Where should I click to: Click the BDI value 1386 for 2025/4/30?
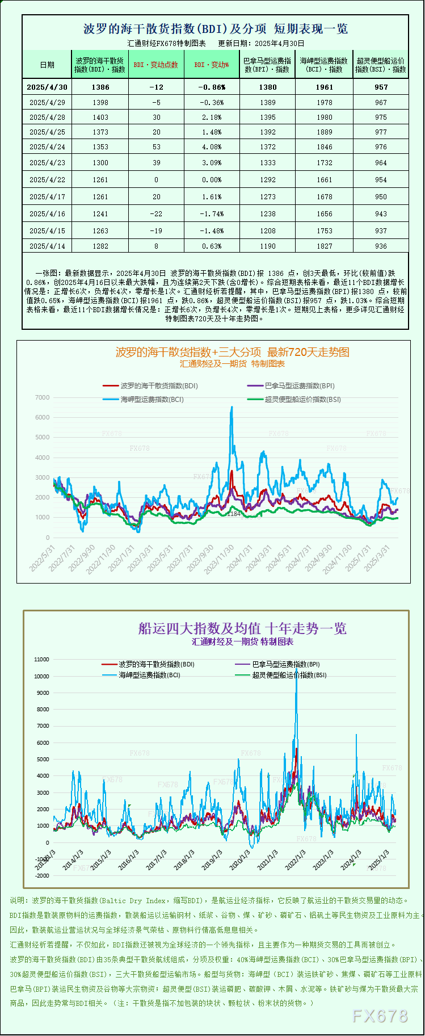tap(100, 87)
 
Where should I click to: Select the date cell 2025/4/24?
tap(47, 146)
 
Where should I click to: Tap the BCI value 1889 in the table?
tap(324, 132)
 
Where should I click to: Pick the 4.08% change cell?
tap(212, 146)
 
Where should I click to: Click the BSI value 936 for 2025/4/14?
tap(381, 246)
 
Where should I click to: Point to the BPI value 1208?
tap(267, 230)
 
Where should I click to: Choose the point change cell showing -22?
tap(156, 213)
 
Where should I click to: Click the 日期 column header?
tap(47, 65)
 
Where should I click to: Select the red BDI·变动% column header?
tap(212, 65)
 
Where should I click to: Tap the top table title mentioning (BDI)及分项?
tap(215, 28)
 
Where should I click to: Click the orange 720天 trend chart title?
tap(232, 352)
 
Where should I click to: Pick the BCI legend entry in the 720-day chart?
tap(152, 399)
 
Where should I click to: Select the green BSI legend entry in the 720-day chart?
tap(302, 399)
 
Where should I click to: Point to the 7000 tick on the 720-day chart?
tap(43, 397)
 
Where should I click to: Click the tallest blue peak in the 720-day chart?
tap(232, 408)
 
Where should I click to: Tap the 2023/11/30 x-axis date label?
tap(220, 559)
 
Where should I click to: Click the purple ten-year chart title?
tap(242, 628)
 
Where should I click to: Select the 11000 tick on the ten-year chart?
tap(42, 660)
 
